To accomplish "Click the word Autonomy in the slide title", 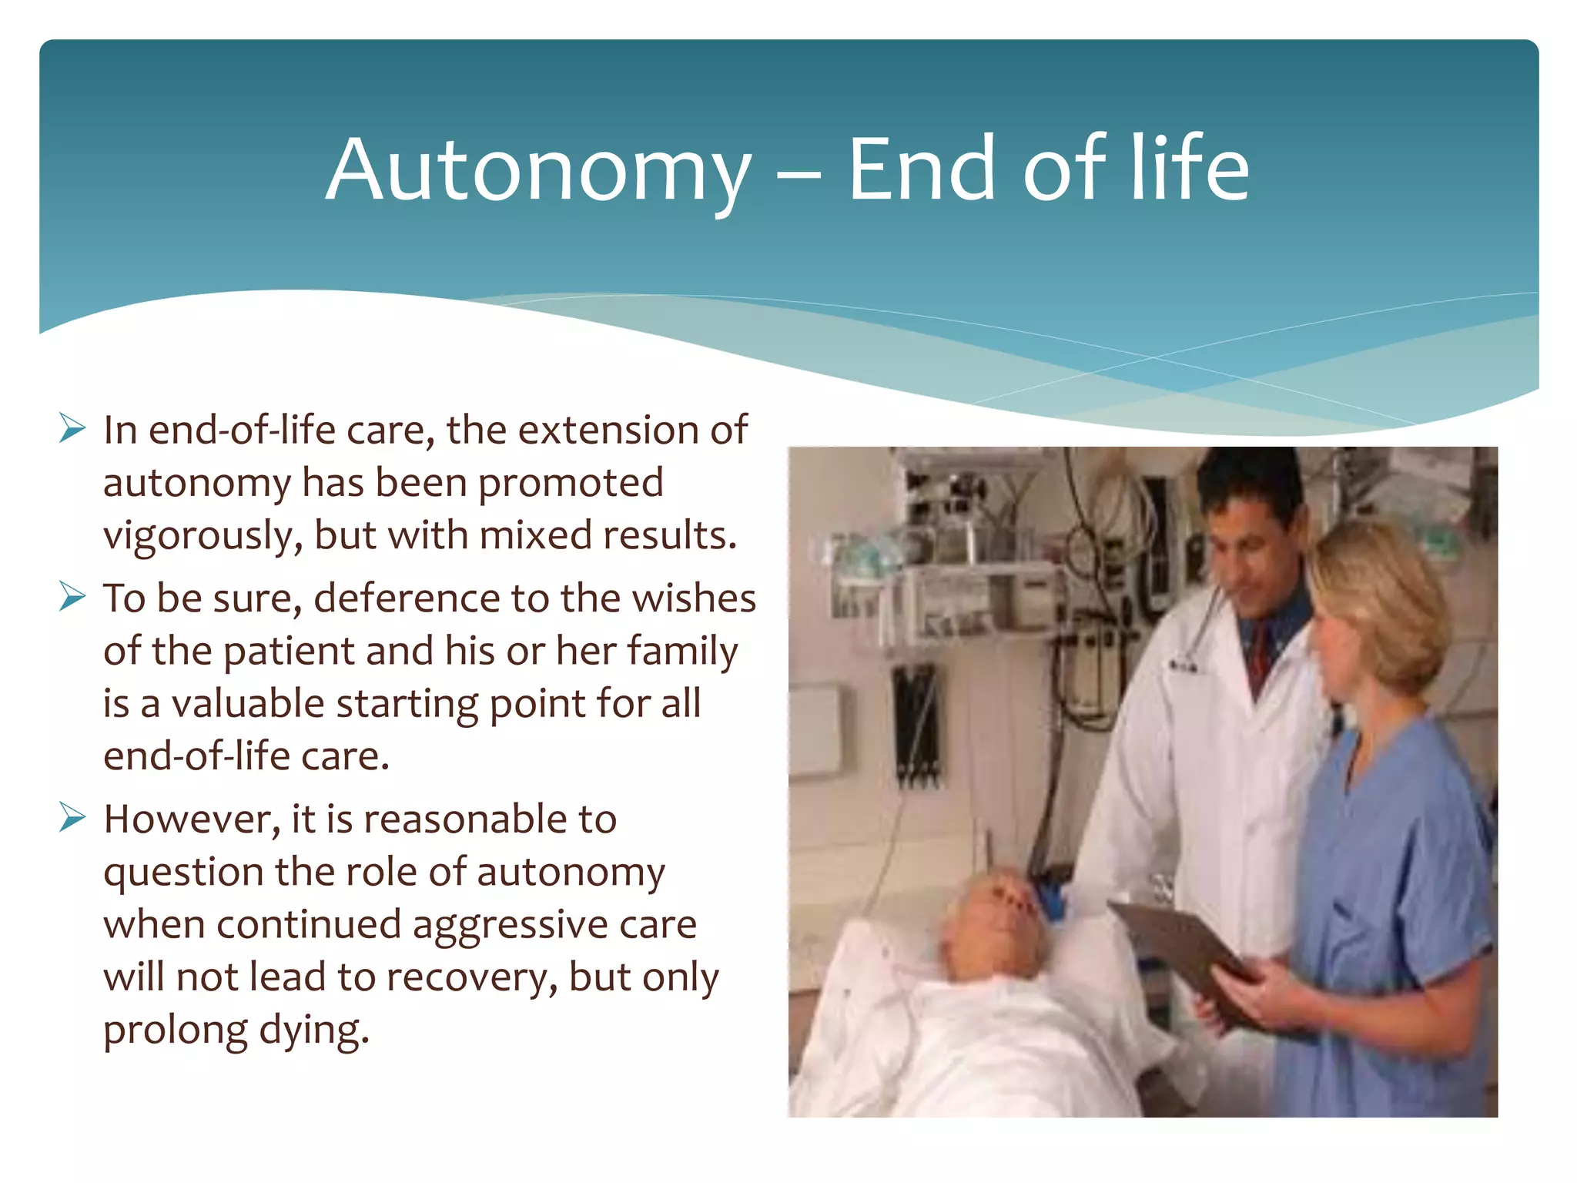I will pos(537,171).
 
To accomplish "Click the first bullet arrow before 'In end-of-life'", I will pos(72,428).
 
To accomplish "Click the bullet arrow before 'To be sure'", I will pos(72,597).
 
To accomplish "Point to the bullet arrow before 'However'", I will pos(72,817).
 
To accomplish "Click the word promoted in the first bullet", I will pos(570,484).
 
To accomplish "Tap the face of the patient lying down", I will pos(1001,913).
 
